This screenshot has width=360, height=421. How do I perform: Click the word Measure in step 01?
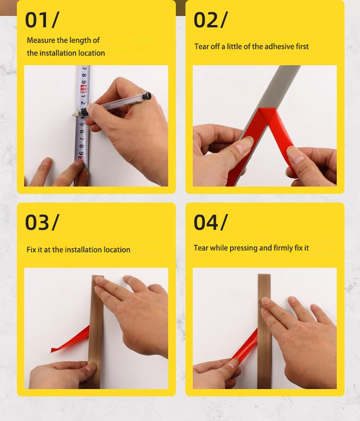click(41, 40)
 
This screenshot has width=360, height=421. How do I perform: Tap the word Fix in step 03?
click(31, 249)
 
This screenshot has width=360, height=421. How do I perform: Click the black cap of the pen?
click(147, 96)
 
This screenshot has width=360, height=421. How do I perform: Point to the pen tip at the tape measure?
click(72, 115)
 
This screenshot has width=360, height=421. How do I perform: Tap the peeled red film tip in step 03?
click(52, 350)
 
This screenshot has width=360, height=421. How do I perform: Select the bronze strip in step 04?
click(264, 331)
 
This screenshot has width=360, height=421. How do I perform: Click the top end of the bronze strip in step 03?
click(98, 276)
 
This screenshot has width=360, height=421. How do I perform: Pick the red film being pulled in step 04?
click(245, 346)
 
